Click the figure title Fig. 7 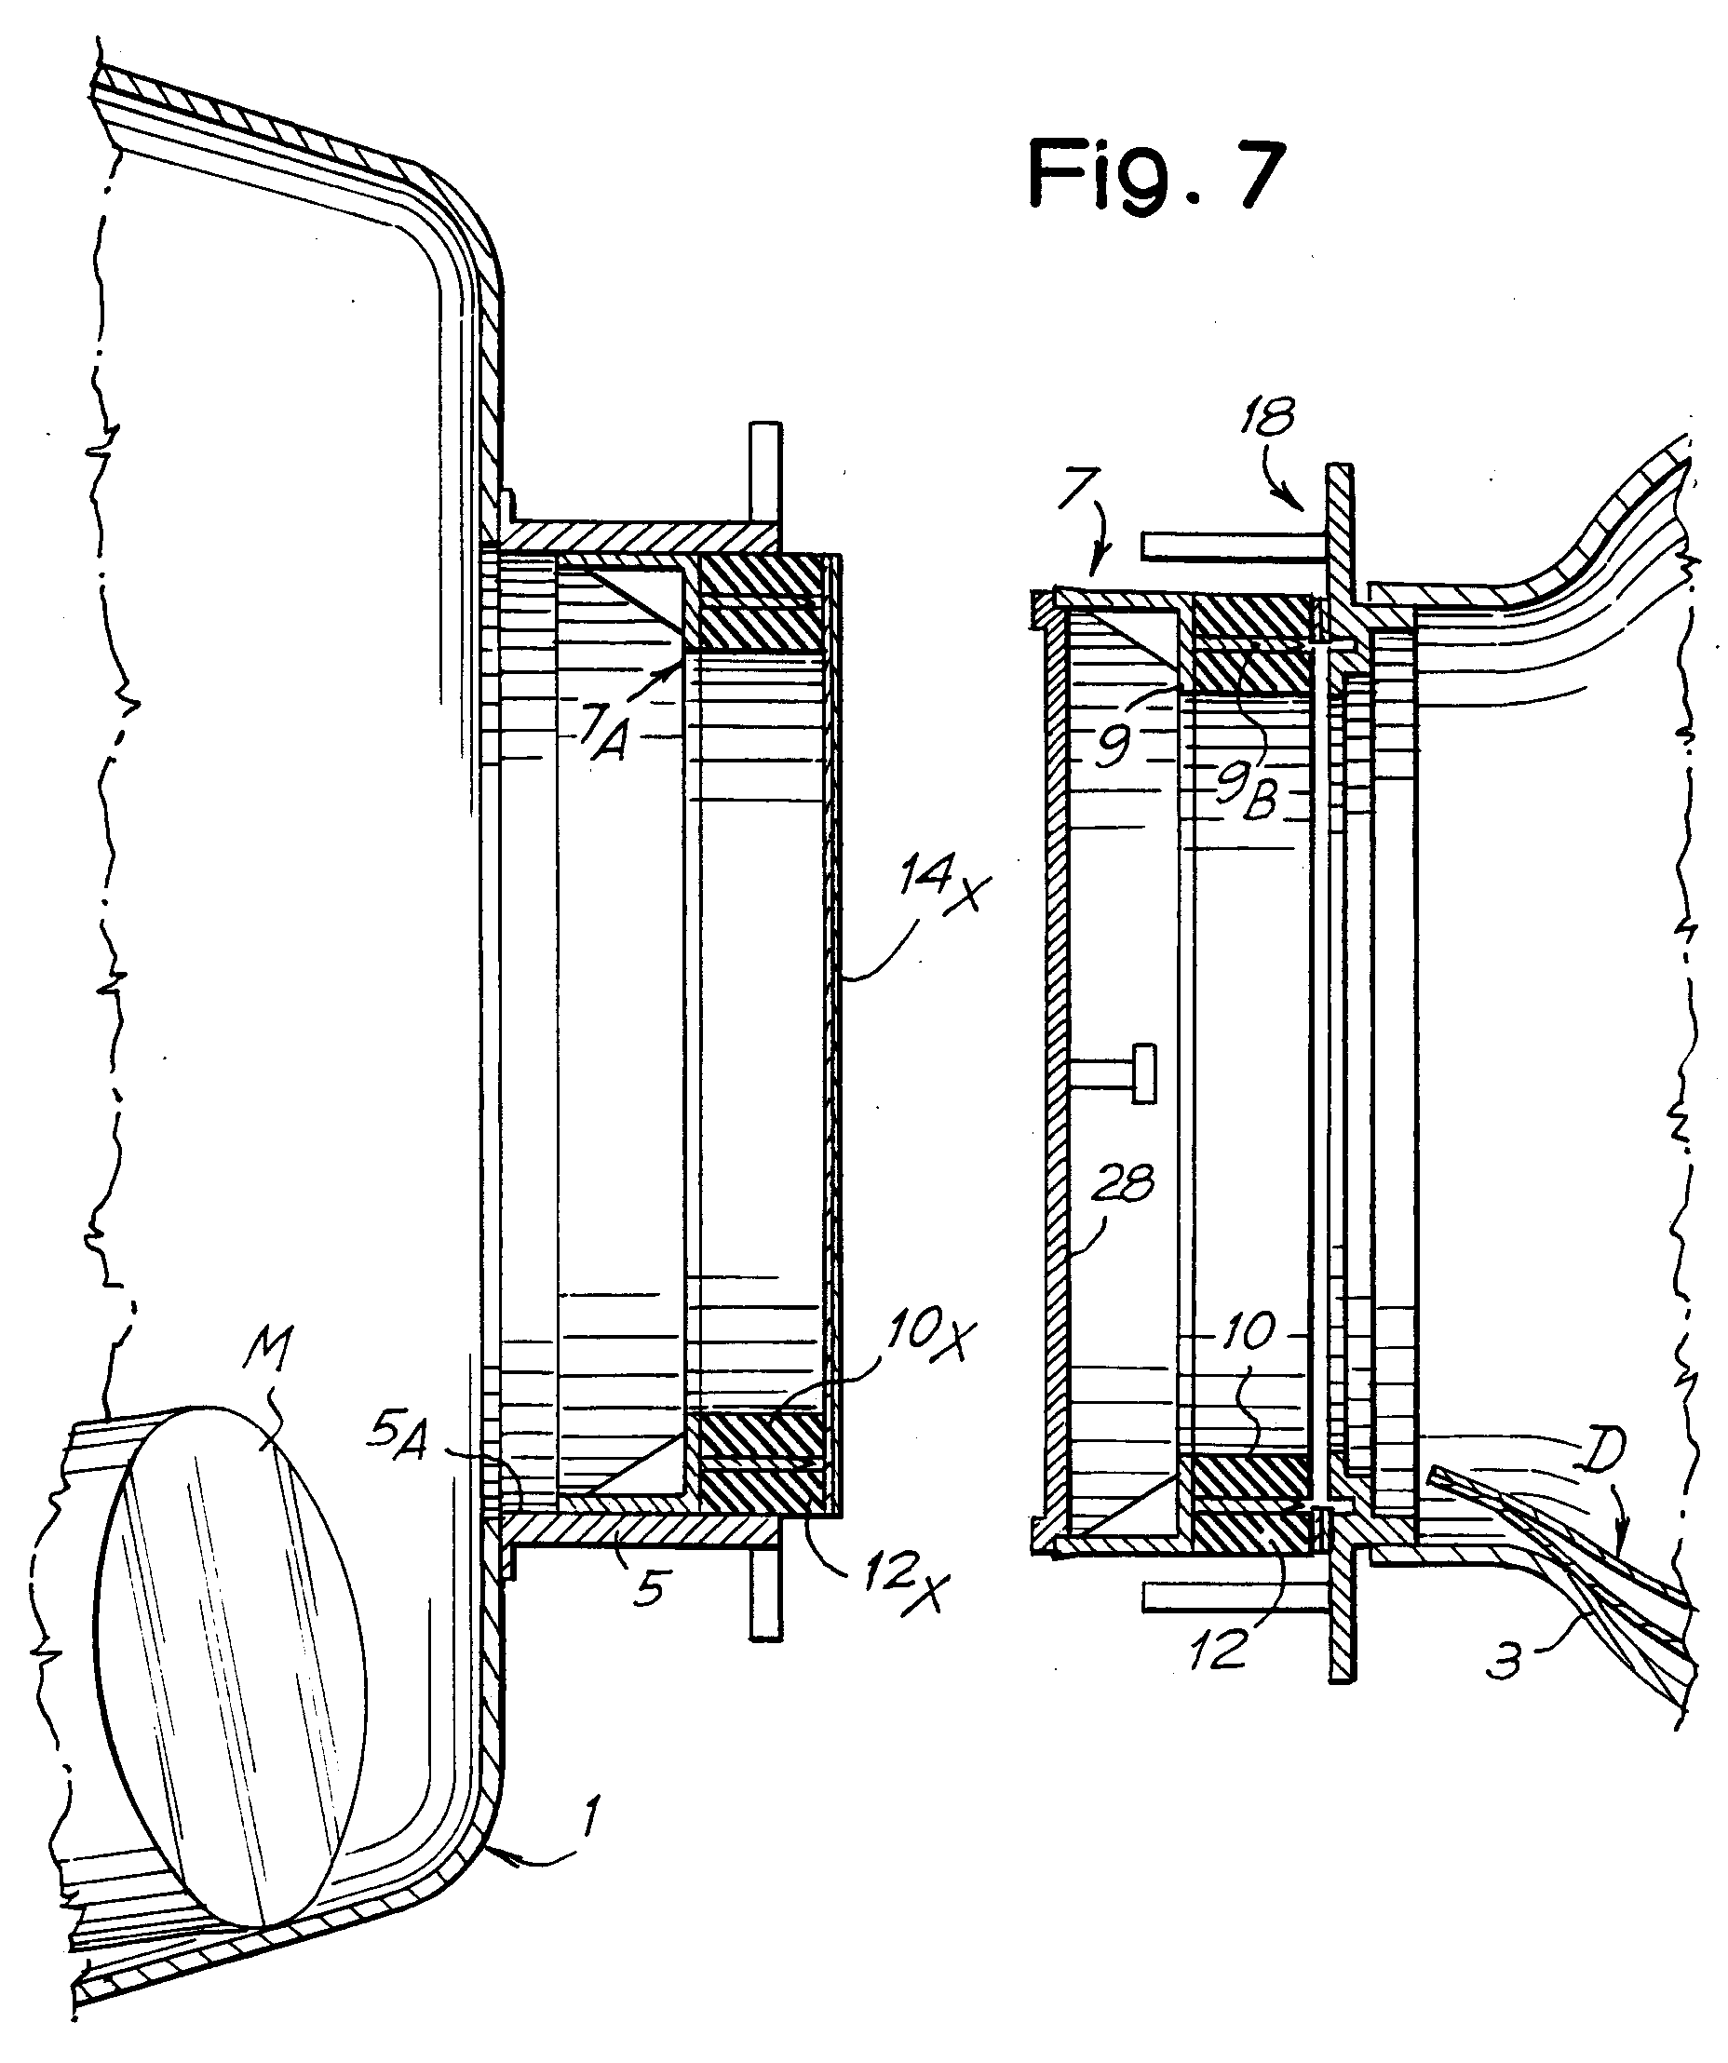(1156, 174)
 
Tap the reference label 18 (1266, 416)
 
